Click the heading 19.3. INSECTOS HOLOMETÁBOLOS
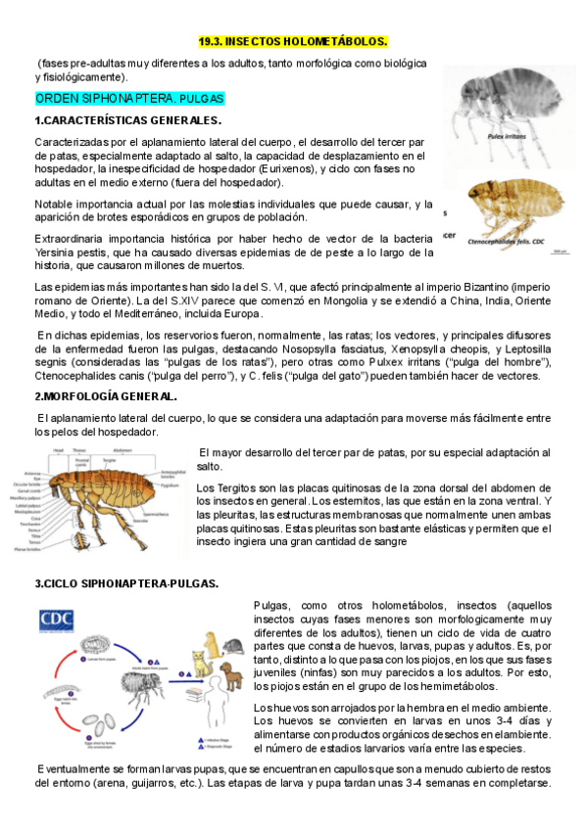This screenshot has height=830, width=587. tap(293, 41)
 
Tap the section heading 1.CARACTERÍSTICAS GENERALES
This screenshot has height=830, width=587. tap(127, 120)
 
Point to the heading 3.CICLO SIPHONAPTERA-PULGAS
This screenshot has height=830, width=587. tap(126, 583)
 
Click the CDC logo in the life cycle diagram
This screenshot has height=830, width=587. tap(58, 619)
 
